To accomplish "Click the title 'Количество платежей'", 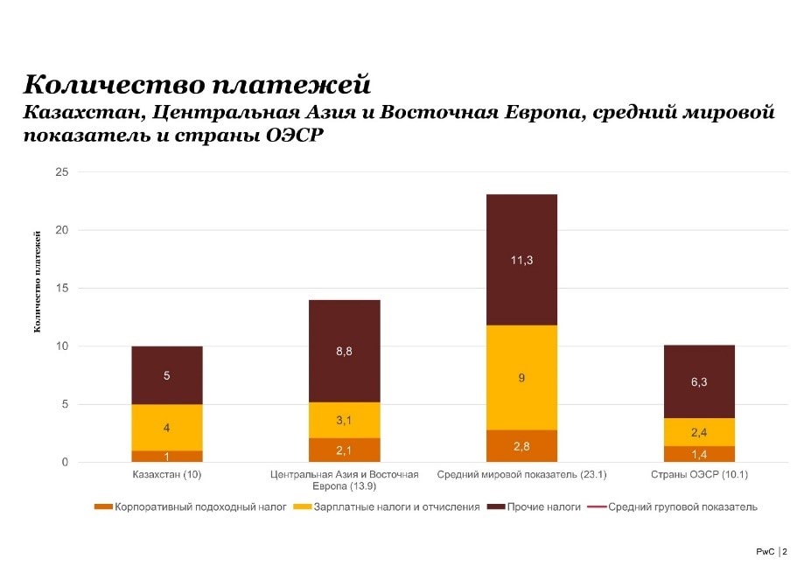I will click(x=197, y=85).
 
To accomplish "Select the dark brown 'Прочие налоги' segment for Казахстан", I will click(x=167, y=375).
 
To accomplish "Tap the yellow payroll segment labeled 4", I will click(x=167, y=428).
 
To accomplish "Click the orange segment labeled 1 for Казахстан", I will click(x=167, y=456).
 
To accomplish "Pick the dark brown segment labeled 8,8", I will click(x=345, y=351).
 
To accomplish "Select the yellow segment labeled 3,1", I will click(x=345, y=420).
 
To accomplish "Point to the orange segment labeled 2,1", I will click(x=345, y=450).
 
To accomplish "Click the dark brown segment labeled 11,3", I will click(x=521, y=260).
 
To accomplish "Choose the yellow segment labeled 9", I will click(x=521, y=378).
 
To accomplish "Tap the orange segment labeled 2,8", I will click(x=521, y=446).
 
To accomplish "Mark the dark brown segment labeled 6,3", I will click(x=699, y=381).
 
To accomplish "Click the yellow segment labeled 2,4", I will click(x=699, y=432).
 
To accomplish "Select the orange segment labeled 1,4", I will click(x=699, y=454).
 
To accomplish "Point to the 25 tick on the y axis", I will click(x=61, y=172).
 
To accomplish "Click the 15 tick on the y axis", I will click(x=61, y=289).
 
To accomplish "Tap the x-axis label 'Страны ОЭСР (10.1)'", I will click(x=699, y=475).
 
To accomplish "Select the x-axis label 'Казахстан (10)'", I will click(x=167, y=475).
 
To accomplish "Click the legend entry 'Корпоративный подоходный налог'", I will click(x=192, y=507).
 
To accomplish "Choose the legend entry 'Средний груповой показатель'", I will click(x=674, y=507).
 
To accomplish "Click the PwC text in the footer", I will click(x=766, y=552).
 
